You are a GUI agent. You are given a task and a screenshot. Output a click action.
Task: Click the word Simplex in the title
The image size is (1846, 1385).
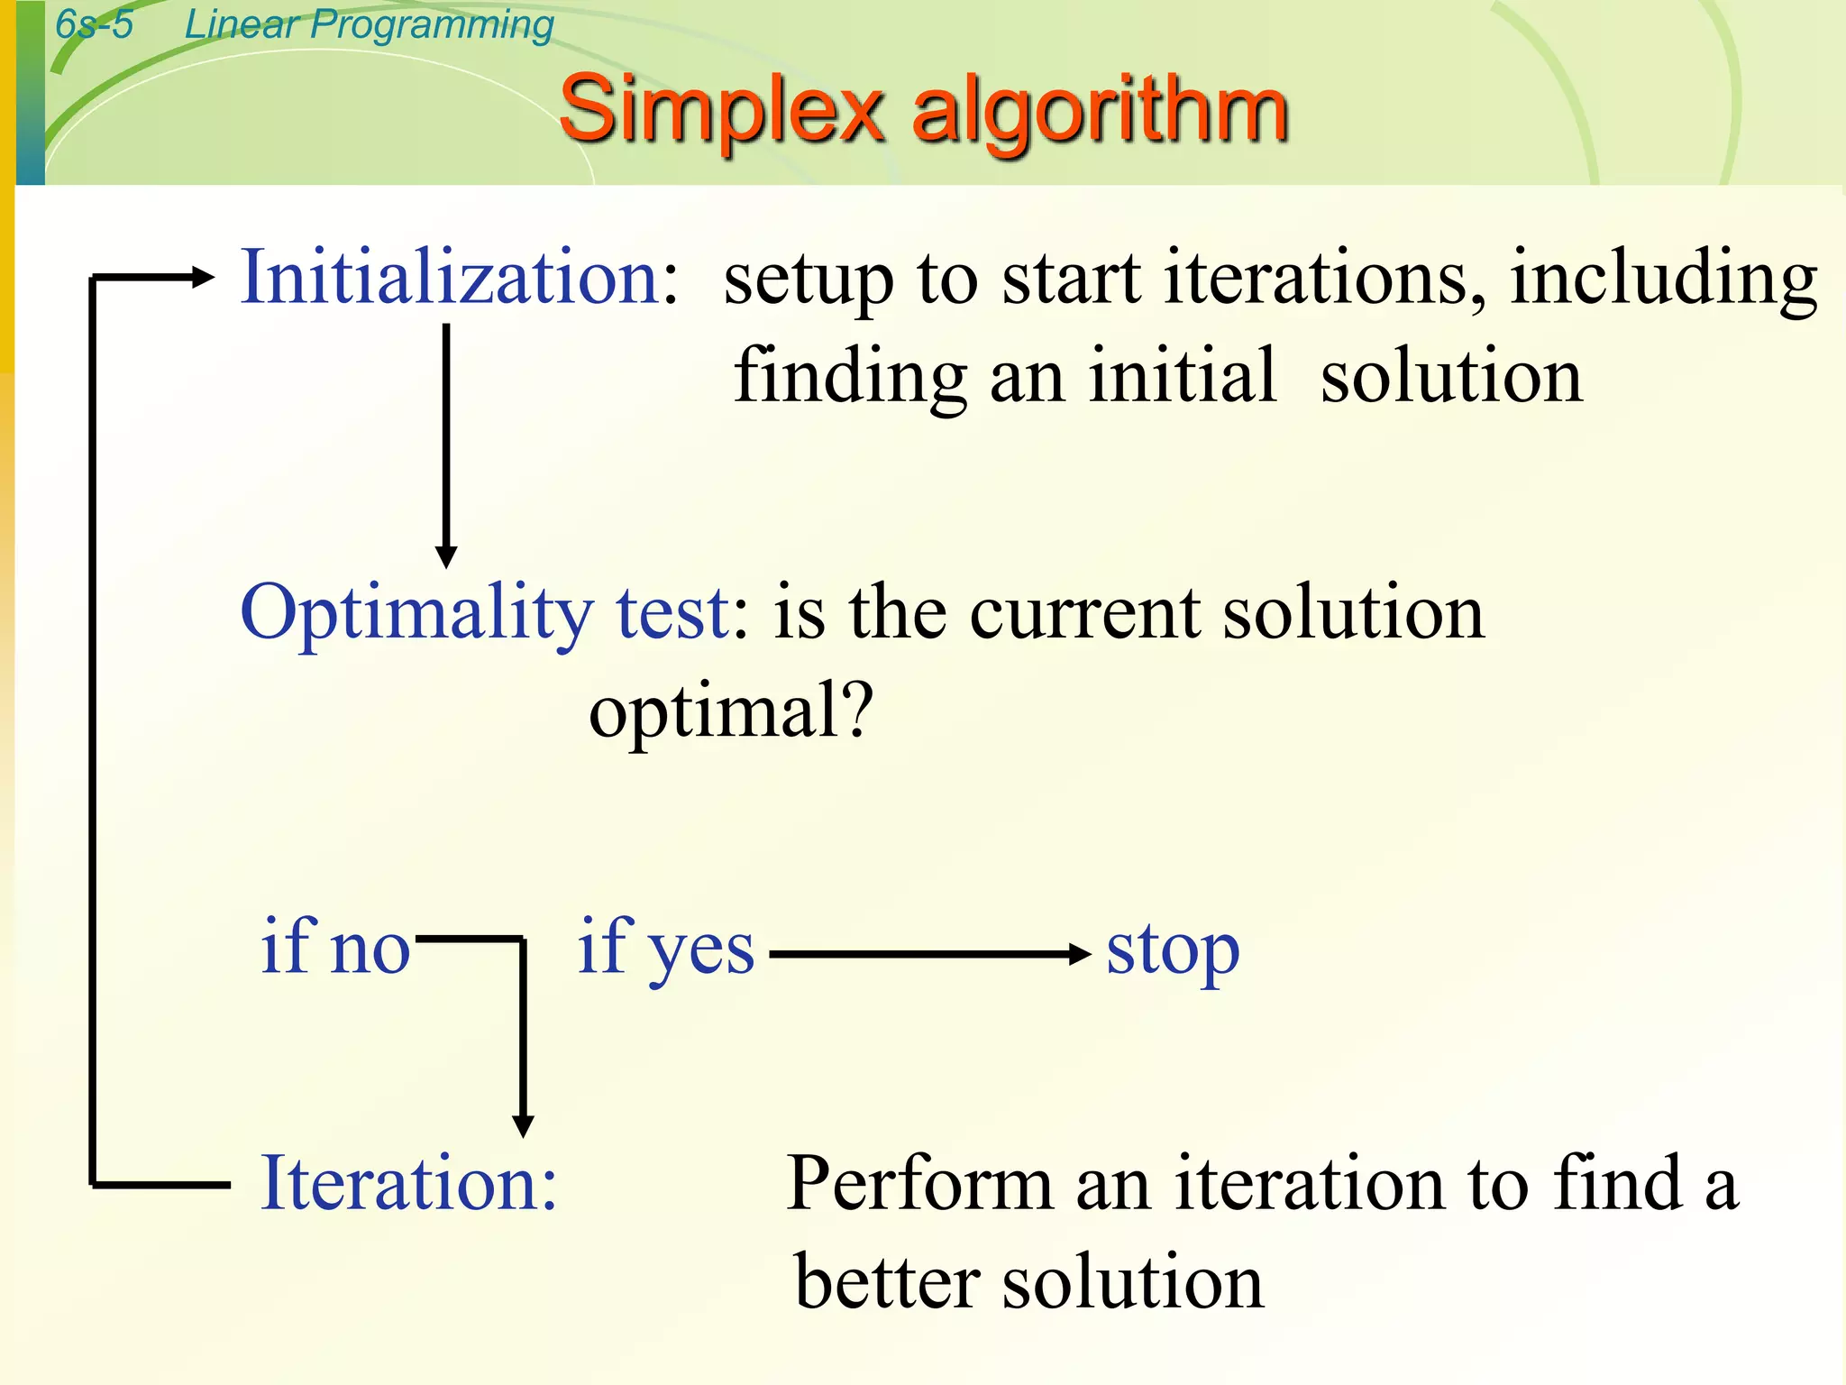pyautogui.click(x=721, y=110)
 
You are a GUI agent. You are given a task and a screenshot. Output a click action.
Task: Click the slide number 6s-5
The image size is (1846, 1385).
pyautogui.click(x=94, y=24)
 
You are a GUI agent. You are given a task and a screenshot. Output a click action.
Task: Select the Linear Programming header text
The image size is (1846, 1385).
pyautogui.click(x=369, y=24)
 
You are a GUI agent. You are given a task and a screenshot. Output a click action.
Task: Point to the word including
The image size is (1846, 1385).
pyautogui.click(x=1663, y=280)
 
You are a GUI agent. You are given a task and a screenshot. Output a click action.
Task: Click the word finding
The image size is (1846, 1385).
pyautogui.click(x=850, y=377)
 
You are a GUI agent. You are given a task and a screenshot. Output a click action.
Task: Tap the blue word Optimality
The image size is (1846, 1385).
pyautogui.click(x=416, y=613)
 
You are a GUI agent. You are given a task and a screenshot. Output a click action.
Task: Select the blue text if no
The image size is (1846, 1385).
pyautogui.click(x=335, y=949)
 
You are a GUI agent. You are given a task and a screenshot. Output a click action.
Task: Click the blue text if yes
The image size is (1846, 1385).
pyautogui.click(x=665, y=949)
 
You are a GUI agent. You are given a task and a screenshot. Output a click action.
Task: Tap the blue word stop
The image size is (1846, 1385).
pyautogui.click(x=1173, y=952)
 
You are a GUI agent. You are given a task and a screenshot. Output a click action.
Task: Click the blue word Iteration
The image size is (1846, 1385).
pyautogui.click(x=407, y=1183)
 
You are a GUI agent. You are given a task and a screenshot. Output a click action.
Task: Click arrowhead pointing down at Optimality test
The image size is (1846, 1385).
pyautogui.click(x=446, y=556)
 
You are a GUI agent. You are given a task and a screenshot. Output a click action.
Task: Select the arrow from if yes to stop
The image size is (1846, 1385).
pyautogui.click(x=928, y=954)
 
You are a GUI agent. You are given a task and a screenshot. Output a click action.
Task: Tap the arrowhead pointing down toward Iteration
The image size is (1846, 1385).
pyautogui.click(x=523, y=1125)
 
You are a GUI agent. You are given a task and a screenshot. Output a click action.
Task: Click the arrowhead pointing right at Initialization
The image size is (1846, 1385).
pyautogui.click(x=203, y=278)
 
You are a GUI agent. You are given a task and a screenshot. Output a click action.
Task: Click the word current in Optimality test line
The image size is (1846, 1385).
pyautogui.click(x=1084, y=613)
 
